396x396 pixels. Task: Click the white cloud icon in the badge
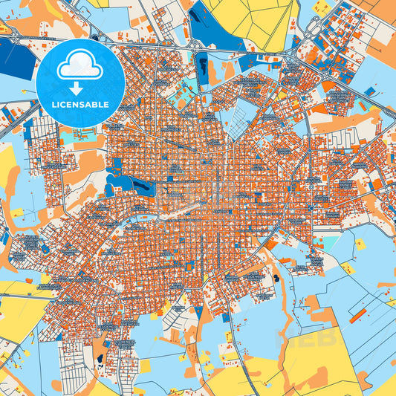(80, 67)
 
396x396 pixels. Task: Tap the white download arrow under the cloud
(80, 88)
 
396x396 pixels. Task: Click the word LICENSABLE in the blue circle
(80, 105)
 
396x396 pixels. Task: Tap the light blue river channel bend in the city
(149, 219)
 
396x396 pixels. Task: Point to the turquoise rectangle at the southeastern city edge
(327, 241)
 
